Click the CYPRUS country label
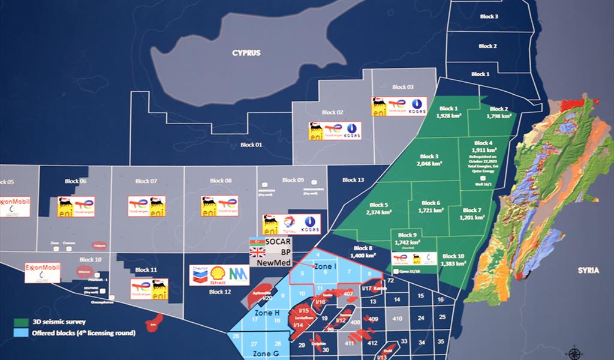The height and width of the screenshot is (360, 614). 246,53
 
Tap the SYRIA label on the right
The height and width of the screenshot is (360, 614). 588,271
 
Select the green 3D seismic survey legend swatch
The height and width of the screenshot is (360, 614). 20,322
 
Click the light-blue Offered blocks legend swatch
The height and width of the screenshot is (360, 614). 20,332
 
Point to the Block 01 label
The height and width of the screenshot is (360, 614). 251,145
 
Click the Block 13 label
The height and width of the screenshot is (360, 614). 353,180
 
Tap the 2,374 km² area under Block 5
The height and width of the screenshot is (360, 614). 379,212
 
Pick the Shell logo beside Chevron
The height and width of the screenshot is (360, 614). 219,275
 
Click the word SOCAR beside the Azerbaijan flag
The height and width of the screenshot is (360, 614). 278,241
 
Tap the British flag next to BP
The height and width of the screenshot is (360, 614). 257,252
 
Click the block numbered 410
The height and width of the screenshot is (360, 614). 397,318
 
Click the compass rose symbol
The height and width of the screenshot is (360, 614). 574,352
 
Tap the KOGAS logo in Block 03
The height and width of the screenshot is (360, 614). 416,106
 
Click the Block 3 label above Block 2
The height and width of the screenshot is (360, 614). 489,17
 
